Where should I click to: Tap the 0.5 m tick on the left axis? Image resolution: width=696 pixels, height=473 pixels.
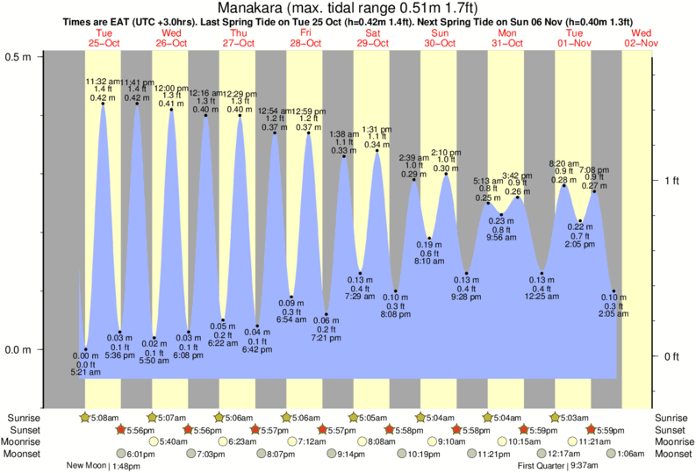[19, 55]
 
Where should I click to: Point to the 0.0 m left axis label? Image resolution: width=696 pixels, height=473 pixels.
[19, 350]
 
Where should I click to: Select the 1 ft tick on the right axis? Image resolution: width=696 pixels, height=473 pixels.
[671, 181]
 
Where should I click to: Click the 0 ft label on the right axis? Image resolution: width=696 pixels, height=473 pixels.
[671, 356]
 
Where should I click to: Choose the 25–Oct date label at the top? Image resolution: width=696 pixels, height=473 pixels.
[104, 42]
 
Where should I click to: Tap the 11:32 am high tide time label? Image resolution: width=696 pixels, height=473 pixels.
[103, 82]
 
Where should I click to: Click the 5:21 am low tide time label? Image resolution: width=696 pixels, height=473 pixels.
[86, 373]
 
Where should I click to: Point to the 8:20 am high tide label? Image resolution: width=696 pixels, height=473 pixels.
[563, 163]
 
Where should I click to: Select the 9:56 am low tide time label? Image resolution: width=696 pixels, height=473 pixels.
[501, 237]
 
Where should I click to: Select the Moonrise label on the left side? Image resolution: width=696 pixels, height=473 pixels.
[25, 442]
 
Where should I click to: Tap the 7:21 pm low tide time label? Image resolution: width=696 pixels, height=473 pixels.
[326, 338]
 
